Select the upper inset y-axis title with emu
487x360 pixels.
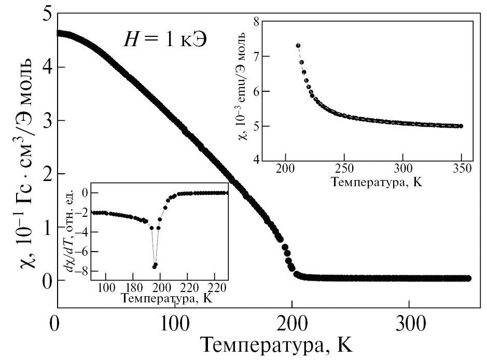click(x=242, y=90)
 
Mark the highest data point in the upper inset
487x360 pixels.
click(x=298, y=46)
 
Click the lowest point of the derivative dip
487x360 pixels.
click(x=154, y=267)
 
